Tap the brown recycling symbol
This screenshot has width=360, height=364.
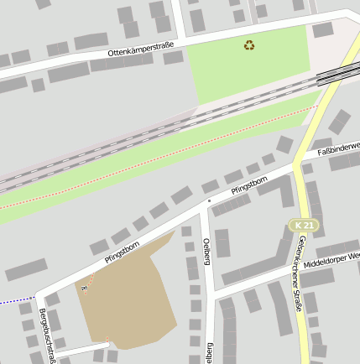coord(250,44)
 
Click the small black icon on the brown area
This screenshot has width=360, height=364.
coord(84,288)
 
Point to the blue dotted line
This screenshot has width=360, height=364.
coord(17,300)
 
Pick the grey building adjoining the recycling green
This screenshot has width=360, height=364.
coord(323,30)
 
